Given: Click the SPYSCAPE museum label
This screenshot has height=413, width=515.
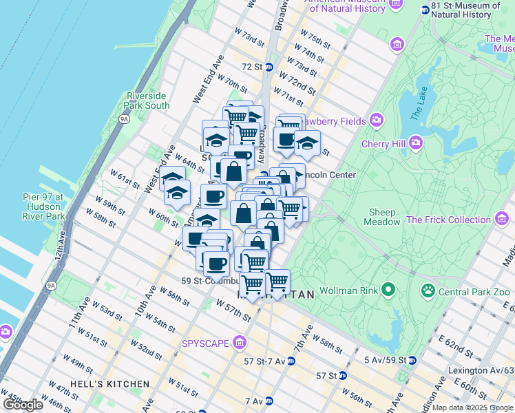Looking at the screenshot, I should pos(207,343).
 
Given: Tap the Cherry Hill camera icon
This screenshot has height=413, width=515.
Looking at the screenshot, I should pos(415,144).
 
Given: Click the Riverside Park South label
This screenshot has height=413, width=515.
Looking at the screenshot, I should pos(147,100).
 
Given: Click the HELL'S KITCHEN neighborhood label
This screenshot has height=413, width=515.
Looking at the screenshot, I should pos(109,383).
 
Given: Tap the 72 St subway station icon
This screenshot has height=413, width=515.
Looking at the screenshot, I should pos(270,67).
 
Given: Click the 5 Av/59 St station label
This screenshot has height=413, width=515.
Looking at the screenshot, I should pos(385,359).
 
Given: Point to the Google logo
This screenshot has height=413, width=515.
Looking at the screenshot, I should pos(23,405).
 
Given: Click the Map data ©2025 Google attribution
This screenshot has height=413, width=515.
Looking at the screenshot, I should pos(472,407).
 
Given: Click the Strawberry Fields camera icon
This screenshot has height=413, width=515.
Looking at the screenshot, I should pos(376,120).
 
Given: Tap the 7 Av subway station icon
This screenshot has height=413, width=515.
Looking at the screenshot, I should pos(271,401).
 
